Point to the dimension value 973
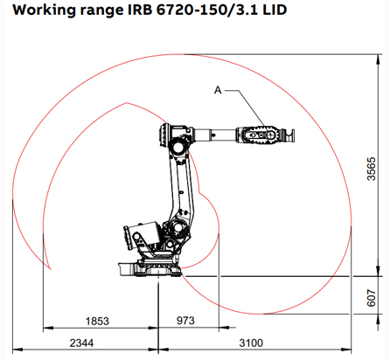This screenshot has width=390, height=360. [x=185, y=322]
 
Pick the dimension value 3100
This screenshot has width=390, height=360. [x=251, y=343]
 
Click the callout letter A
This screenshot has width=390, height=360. [x=218, y=88]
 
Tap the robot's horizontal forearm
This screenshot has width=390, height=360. [x=227, y=135]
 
